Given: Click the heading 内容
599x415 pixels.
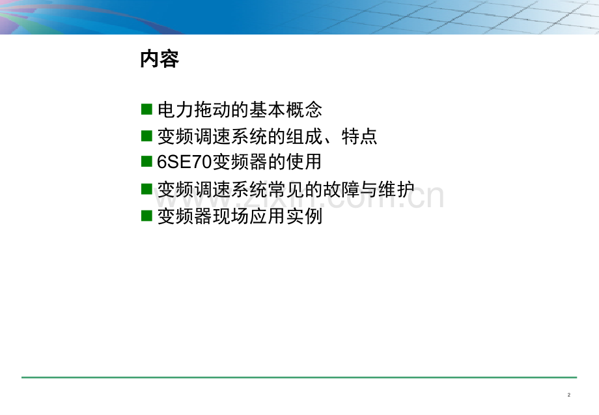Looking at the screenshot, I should click(159, 60).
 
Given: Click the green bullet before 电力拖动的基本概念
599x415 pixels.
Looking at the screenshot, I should click(146, 109).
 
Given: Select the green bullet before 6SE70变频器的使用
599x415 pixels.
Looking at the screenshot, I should click(146, 162).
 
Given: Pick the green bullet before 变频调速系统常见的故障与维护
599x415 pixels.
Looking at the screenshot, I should click(146, 189).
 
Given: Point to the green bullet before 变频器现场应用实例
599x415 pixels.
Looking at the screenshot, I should click(146, 216).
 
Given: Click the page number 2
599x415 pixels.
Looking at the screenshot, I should click(569, 395).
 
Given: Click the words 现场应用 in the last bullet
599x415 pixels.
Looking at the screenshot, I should click(257, 216).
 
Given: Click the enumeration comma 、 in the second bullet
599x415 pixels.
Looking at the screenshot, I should click(331, 139).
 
